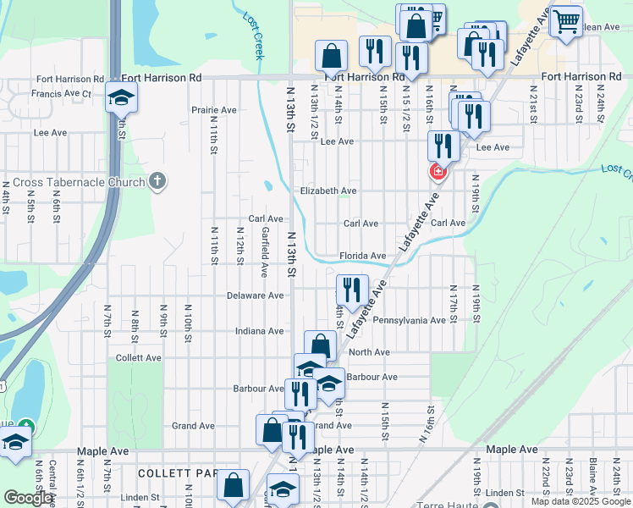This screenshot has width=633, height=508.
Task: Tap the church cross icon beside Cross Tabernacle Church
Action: point(157,180)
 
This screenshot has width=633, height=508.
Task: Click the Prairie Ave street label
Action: point(213,110)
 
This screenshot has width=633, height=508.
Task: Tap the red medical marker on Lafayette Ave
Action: point(437,173)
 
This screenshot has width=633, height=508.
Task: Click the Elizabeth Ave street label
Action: point(328,191)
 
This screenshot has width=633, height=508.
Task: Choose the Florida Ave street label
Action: point(363,256)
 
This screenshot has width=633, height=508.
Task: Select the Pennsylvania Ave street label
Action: point(409,321)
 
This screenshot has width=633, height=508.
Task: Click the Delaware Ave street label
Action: point(255,295)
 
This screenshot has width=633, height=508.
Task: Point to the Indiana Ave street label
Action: point(259,331)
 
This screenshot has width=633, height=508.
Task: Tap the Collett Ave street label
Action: point(138,358)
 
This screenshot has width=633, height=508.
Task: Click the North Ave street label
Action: point(369,352)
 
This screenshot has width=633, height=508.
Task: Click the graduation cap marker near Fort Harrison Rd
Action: point(121,97)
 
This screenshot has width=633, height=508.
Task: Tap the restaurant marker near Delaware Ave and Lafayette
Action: point(352,290)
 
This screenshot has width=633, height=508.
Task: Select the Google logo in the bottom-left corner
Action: point(28,498)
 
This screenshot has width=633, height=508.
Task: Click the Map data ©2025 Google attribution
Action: point(581,501)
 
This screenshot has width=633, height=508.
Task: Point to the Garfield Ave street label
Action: point(265,252)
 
